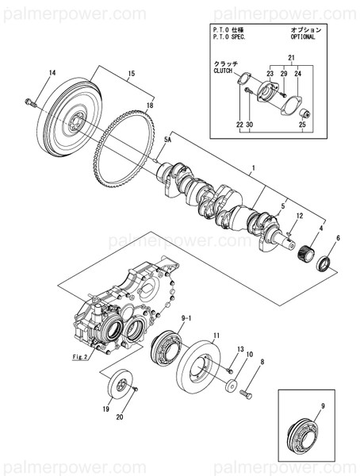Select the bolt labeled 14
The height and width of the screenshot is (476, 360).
31,102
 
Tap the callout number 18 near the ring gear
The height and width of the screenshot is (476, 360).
148,105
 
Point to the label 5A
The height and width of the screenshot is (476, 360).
167,140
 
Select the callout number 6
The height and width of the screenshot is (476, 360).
338,239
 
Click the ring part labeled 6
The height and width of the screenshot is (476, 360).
324,263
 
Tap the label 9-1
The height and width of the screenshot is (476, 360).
186,318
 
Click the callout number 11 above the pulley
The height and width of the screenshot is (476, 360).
216,336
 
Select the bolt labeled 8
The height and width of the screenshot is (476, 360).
247,393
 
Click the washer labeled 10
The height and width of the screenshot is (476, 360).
230,386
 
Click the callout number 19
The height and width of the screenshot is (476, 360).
105,409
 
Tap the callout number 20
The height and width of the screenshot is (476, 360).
120,416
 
